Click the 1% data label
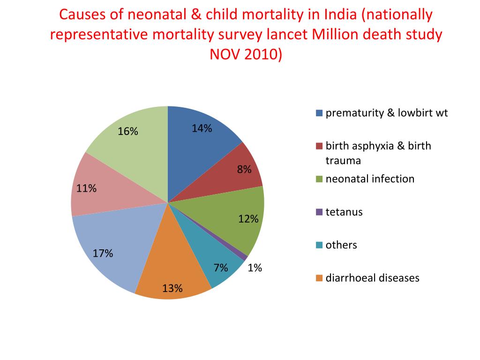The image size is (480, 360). [x=255, y=268]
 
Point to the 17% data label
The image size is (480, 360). [x=103, y=254]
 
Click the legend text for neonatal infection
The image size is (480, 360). [x=370, y=179]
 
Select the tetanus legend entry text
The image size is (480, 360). [x=344, y=212]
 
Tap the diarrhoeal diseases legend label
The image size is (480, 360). [x=372, y=278]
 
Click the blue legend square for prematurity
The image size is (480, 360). [x=319, y=113]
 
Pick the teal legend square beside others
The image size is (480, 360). [x=319, y=245]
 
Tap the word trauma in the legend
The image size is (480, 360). [x=343, y=161]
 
